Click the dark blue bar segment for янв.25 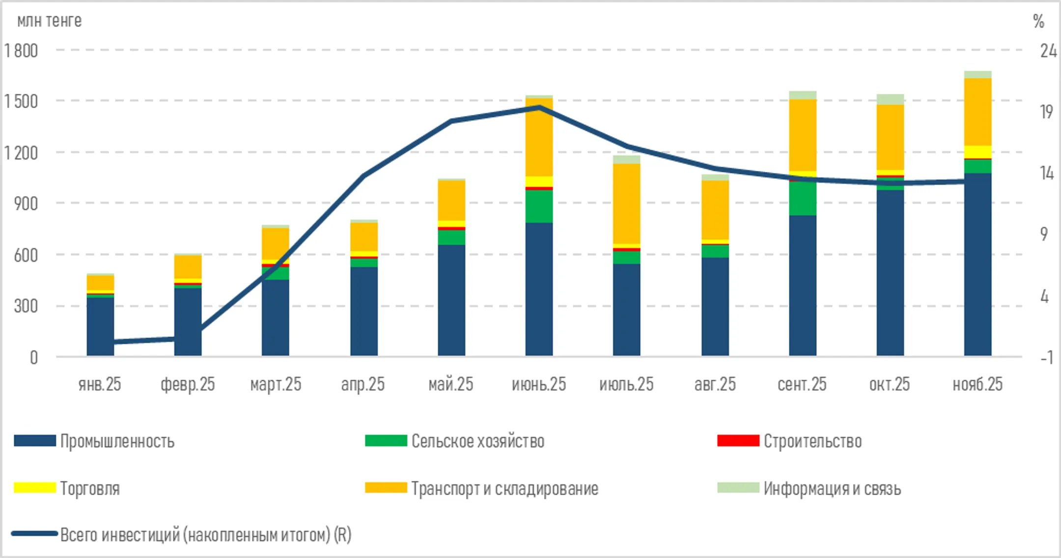pos(100,326)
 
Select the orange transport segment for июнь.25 pos(539,138)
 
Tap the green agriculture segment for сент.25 pos(803,198)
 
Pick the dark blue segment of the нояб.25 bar pos(977,265)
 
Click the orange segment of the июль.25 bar pos(627,203)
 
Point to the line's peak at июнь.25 pos(539,107)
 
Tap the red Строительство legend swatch pos(738,441)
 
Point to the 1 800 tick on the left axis pos(21,51)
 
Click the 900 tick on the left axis pos(26,204)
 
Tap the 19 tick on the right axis pos(1046,112)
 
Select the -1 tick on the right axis pos(1046,358)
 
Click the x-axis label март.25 pos(276,384)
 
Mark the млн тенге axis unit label pos(49,21)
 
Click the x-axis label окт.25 pos(890,384)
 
